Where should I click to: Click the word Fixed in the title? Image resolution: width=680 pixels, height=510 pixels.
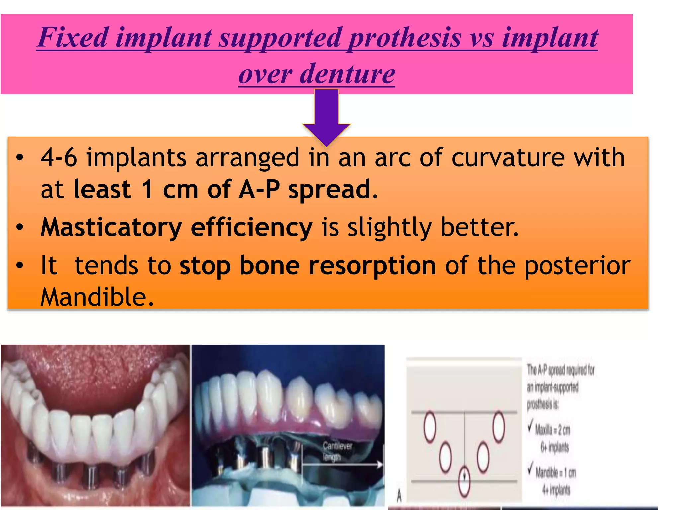tap(73, 37)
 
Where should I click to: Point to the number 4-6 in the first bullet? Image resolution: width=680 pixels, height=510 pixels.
tap(59, 157)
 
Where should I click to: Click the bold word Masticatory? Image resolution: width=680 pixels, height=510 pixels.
tap(111, 228)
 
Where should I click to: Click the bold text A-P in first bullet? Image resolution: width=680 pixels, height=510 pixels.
tap(259, 189)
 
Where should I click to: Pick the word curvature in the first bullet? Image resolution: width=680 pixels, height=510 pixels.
tap(508, 157)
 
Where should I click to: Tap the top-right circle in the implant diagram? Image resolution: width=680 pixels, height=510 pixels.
tap(499, 427)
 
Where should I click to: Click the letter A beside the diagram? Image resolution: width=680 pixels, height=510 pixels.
tap(399, 496)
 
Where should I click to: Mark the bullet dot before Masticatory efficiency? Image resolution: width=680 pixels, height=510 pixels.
tap(20, 228)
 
